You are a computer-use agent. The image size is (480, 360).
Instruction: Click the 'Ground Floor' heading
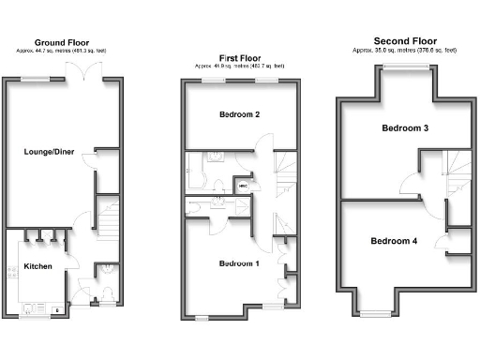(63, 42)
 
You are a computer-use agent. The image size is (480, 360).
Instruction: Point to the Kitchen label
(37, 267)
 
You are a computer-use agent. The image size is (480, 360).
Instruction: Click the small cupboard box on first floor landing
(243, 186)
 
